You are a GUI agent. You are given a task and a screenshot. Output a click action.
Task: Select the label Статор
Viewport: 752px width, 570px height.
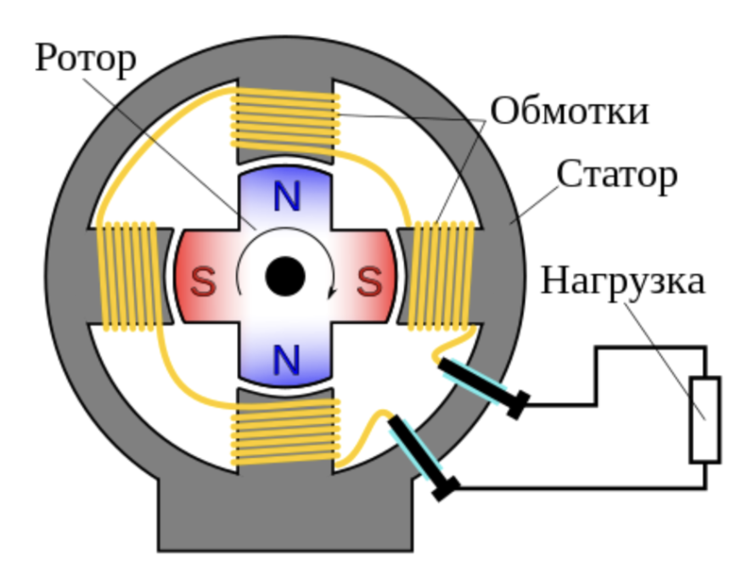pos(616,175)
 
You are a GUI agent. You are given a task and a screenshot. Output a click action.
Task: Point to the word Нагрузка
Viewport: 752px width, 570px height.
pos(622,281)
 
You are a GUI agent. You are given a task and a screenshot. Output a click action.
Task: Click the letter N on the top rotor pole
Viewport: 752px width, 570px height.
pos(286,198)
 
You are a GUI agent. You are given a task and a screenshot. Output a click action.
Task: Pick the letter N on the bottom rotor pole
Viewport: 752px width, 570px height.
pos(286,361)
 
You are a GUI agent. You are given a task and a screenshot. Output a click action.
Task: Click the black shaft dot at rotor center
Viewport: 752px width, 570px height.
pos(285,277)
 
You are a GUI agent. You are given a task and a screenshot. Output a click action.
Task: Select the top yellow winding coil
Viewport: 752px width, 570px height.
pos(286,119)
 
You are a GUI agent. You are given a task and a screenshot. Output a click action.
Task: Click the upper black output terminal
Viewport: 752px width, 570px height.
pos(480,385)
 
